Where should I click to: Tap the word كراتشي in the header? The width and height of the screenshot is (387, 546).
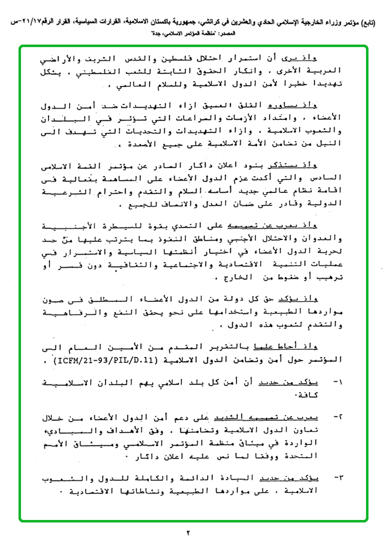click(x=209, y=23)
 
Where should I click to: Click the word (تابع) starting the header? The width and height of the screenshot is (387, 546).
click(x=368, y=23)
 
